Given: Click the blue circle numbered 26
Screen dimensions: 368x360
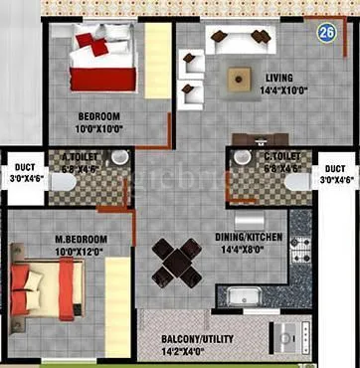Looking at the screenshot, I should point(326,32).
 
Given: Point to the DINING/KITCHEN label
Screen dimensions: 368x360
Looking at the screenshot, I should point(249,237).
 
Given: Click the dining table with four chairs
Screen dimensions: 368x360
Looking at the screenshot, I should point(177,261).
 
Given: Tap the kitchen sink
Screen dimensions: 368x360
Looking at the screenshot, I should point(239,295).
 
